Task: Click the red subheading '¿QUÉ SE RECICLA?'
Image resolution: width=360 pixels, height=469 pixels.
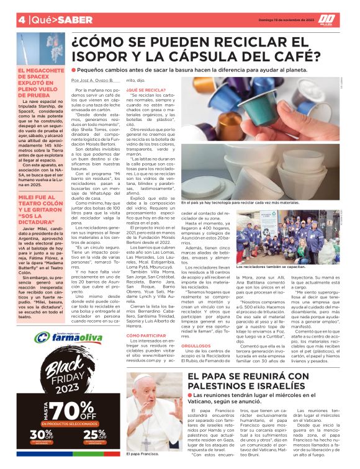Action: [146, 89]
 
